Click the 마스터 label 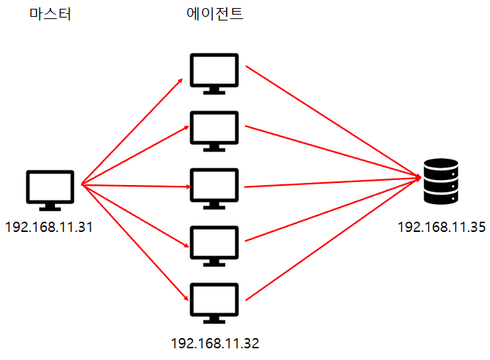click(50, 15)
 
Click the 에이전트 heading click(214, 15)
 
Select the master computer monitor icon click(50, 188)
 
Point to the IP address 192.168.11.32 click(215, 342)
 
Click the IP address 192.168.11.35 click(442, 227)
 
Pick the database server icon click(440, 182)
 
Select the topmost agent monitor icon click(214, 72)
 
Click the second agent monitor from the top click(214, 130)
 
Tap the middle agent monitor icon click(214, 187)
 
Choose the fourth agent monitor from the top click(214, 244)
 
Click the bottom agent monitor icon click(214, 301)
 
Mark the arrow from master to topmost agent click(132, 129)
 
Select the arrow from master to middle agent click(135, 185)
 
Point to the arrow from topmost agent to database click(333, 121)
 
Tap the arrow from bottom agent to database click(333, 239)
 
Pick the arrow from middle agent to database click(333, 182)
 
